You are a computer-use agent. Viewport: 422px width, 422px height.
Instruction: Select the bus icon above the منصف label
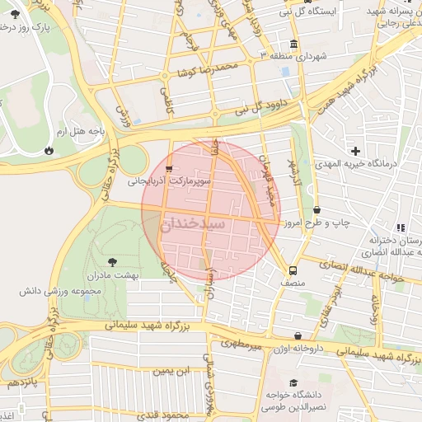tap(292, 270)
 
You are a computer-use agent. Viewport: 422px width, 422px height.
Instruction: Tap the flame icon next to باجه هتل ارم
tap(51, 150)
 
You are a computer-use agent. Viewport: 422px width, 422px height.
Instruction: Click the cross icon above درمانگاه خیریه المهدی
tap(355, 151)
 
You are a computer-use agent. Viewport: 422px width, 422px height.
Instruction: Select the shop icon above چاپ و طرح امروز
tap(317, 210)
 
